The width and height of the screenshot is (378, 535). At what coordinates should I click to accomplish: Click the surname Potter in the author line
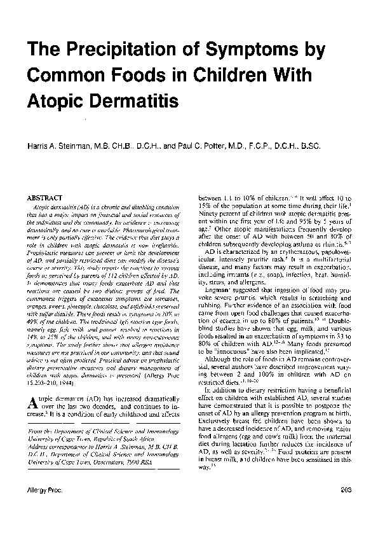pos(226,146)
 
